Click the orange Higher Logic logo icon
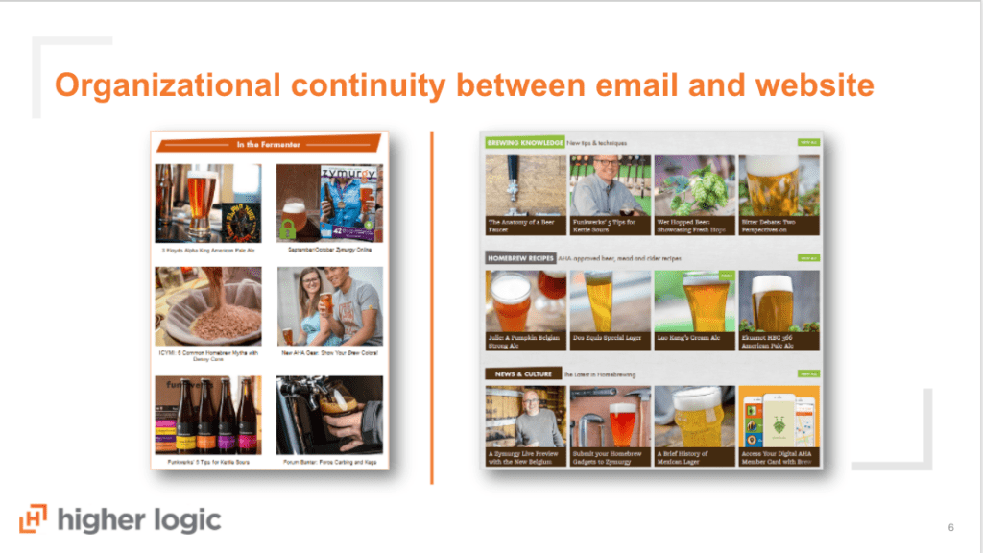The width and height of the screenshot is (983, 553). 34,518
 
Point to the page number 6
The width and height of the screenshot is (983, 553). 950,527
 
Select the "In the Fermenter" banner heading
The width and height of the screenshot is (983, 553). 269,145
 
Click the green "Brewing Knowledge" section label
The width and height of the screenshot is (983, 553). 524,143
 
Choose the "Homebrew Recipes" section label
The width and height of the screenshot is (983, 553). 522,258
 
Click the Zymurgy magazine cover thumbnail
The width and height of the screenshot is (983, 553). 329,203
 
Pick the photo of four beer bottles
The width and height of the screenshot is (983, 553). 208,414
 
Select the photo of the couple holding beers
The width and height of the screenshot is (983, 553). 329,306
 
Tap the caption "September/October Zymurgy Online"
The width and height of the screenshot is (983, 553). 329,249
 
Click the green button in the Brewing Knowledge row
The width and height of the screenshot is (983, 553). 808,143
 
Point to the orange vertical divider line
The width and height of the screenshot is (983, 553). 431,307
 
